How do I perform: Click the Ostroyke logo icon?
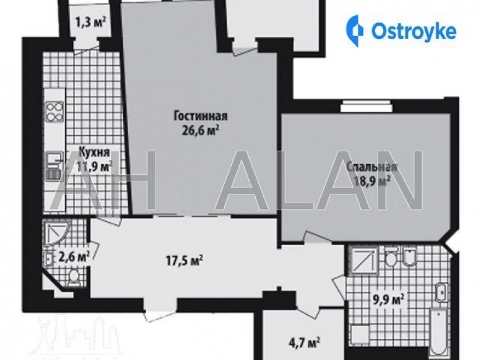354,29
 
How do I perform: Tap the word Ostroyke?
414,30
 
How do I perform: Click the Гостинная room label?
200,115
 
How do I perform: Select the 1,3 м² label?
90,23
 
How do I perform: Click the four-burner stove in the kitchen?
54,112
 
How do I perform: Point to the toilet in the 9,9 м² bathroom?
390,257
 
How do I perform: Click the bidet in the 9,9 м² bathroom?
409,257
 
